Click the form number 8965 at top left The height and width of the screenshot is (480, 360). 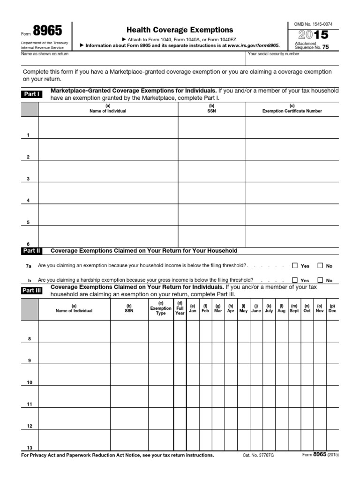[x=47, y=31]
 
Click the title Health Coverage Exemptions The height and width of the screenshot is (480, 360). [x=180, y=30]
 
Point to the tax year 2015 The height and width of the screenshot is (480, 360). [x=310, y=35]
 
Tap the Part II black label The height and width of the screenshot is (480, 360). [x=32, y=251]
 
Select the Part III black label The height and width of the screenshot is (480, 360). [x=32, y=291]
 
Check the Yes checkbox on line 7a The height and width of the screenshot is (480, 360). [x=295, y=265]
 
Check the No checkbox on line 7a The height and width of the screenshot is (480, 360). [x=320, y=265]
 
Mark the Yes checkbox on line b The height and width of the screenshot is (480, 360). [x=295, y=280]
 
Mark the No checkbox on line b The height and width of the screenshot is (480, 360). [x=320, y=280]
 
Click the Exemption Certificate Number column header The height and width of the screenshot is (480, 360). [x=292, y=111]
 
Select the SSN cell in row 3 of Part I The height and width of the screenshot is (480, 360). [x=212, y=172]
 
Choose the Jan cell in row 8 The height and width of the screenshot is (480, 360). [x=192, y=331]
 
